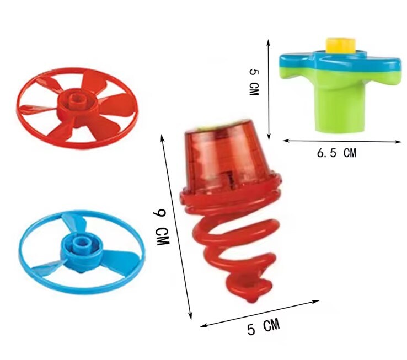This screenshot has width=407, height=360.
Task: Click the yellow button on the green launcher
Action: pyautogui.click(x=341, y=45)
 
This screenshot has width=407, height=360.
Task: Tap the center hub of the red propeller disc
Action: pyautogui.click(x=77, y=103)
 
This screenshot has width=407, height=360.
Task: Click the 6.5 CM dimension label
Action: pyautogui.click(x=336, y=153)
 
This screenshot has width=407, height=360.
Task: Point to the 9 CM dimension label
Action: pyautogui.click(x=161, y=227)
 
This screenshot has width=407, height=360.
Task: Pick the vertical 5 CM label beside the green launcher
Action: pyautogui.click(x=254, y=82)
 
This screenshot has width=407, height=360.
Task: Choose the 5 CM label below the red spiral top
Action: pyautogui.click(x=264, y=327)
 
